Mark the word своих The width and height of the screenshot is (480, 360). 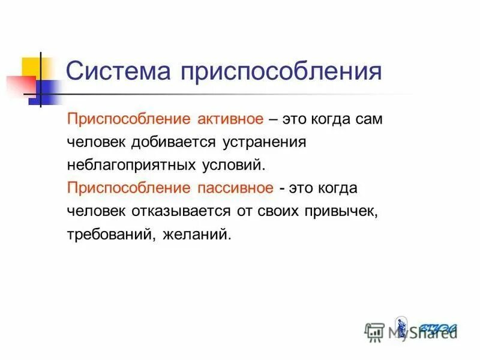pos(278,211)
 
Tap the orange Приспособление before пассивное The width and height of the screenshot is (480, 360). pos(128,188)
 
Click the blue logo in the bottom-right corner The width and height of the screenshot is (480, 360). pos(439,328)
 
